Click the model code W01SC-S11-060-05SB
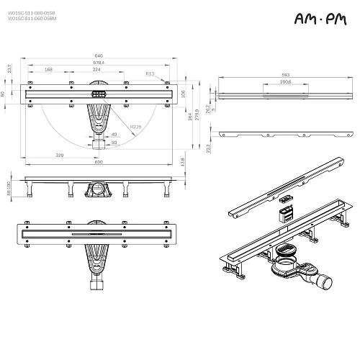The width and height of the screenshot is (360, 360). point(32,12)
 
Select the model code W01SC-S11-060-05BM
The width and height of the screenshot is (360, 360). point(32,18)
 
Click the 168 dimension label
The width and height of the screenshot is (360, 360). point(48,70)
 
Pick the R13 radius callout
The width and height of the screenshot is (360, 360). point(149,73)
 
